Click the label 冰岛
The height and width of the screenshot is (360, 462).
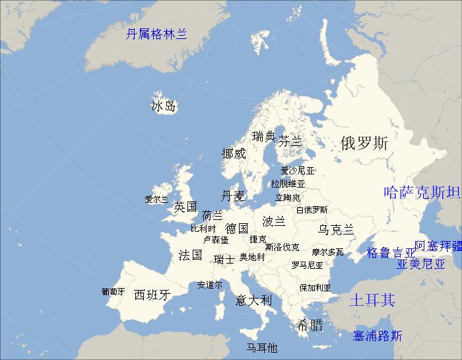pyautogui.click(x=163, y=106)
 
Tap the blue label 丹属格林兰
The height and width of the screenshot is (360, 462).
pyautogui.click(x=156, y=34)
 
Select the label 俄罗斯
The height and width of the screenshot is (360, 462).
pyautogui.click(x=364, y=143)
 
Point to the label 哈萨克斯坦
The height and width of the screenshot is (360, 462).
pyautogui.click(x=422, y=192)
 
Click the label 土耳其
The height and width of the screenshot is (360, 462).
pyautogui.click(x=372, y=300)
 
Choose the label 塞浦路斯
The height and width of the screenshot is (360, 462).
pyautogui.click(x=378, y=336)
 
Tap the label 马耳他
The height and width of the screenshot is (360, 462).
pyautogui.click(x=262, y=347)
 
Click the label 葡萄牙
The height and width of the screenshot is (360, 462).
pyautogui.click(x=113, y=291)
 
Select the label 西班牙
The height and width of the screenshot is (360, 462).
pyautogui.click(x=152, y=295)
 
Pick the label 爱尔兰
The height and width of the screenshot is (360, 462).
pyautogui.click(x=157, y=199)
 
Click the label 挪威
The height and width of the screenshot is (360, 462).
pyautogui.click(x=234, y=154)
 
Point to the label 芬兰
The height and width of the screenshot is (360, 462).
pyautogui.click(x=290, y=141)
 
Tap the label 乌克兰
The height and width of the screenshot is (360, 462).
pyautogui.click(x=336, y=229)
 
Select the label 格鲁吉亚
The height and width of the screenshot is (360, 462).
pyautogui.click(x=391, y=252)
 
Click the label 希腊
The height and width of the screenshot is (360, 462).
pyautogui.click(x=310, y=324)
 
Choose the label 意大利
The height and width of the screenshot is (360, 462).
pyautogui.click(x=253, y=300)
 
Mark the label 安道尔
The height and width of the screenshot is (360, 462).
pyautogui.click(x=210, y=285)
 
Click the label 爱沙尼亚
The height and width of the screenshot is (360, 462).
pyautogui.click(x=298, y=170)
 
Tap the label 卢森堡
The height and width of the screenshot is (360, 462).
pyautogui.click(x=216, y=239)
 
